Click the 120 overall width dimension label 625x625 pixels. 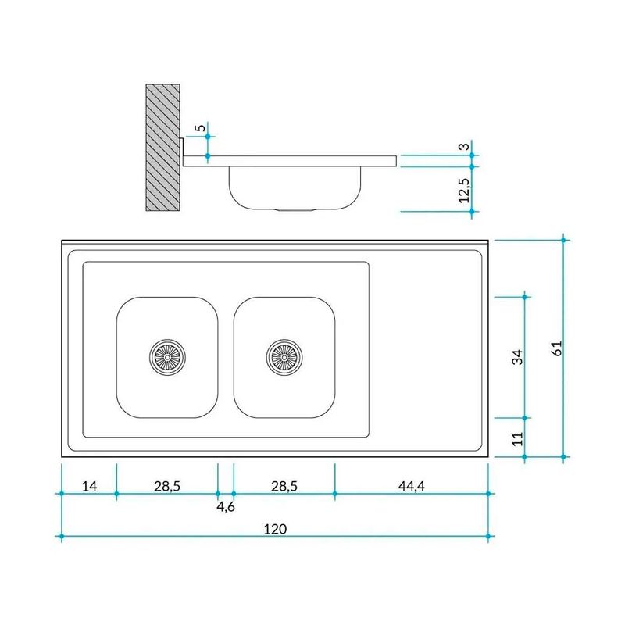(275, 529)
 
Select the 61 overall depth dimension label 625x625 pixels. (558, 348)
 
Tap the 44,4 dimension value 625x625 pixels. (412, 486)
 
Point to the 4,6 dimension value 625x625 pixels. (226, 506)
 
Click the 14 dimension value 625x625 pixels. (89, 486)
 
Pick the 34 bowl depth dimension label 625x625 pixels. (517, 357)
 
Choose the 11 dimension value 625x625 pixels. (517, 439)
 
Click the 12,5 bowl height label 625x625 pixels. (464, 190)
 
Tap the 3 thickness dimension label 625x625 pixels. (464, 147)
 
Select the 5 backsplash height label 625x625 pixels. (202, 128)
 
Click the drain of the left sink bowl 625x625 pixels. (167, 357)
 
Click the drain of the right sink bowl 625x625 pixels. (284, 357)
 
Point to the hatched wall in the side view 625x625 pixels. (162, 147)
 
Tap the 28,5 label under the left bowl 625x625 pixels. (167, 486)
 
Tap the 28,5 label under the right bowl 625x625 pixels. (284, 486)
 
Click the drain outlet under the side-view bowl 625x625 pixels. (295, 209)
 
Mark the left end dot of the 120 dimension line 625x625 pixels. (62, 537)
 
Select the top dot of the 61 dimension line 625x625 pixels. (563, 240)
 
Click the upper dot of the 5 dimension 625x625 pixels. (208, 137)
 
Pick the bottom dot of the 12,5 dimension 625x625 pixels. (472, 212)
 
